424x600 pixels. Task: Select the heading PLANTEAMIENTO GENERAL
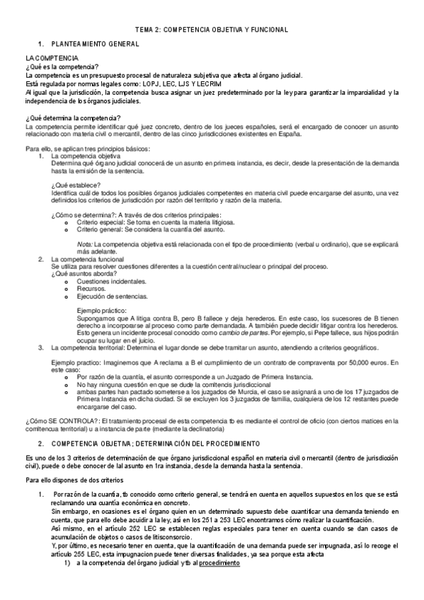tap(97, 45)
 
